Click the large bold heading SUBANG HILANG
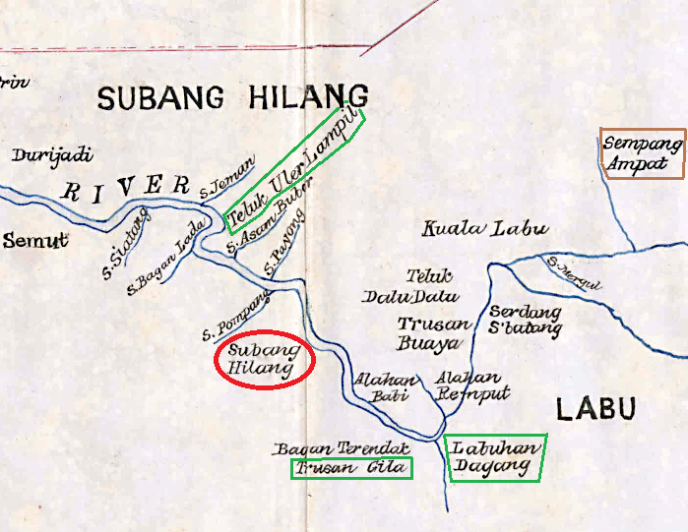pyautogui.click(x=232, y=96)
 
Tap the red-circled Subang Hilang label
pyautogui.click(x=264, y=360)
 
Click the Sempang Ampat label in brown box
pyautogui.click(x=642, y=153)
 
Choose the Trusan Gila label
pyautogui.click(x=351, y=468)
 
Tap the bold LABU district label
pyautogui.click(x=595, y=408)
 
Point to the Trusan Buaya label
pyautogui.click(x=429, y=333)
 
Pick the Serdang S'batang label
pyautogui.click(x=526, y=321)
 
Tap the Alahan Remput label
pyautogui.click(x=469, y=385)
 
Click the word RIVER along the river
pyautogui.click(x=125, y=187)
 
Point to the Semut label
pyautogui.click(x=34, y=239)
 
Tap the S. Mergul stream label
pyautogui.click(x=574, y=274)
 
